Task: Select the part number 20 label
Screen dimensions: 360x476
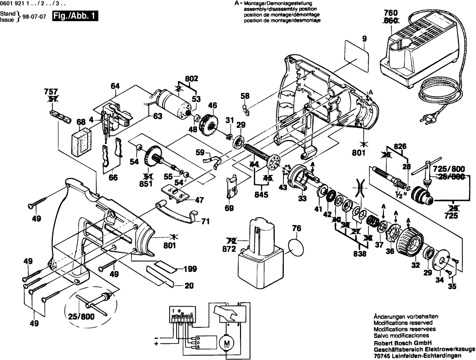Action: tap(189, 286)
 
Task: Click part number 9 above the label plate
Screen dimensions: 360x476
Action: tap(364, 38)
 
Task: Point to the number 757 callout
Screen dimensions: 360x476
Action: tap(51, 93)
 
